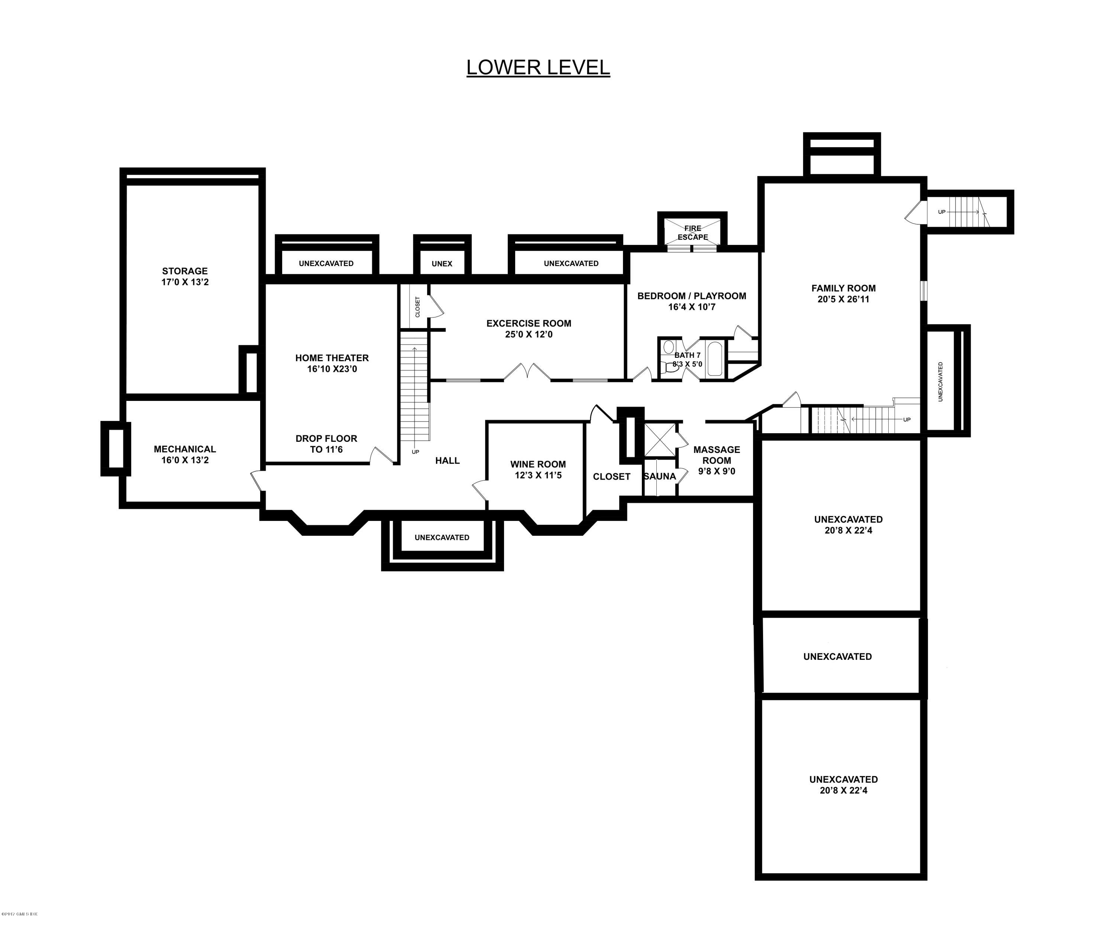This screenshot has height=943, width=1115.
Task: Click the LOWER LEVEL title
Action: (x=538, y=67)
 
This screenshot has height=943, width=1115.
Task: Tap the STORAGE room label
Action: (x=185, y=271)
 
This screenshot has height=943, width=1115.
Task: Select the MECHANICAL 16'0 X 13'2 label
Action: (x=185, y=454)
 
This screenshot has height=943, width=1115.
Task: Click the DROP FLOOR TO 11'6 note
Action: (x=326, y=444)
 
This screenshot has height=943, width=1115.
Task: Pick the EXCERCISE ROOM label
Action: (x=529, y=323)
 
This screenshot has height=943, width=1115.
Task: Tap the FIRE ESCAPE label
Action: (x=692, y=233)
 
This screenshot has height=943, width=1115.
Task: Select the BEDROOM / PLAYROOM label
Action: (x=691, y=296)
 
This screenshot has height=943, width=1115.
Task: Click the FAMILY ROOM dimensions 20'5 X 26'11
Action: (x=843, y=299)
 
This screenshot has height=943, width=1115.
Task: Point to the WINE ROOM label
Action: (x=538, y=464)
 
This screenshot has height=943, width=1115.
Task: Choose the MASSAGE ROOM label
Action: (x=717, y=455)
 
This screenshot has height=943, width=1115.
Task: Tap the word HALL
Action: (x=447, y=460)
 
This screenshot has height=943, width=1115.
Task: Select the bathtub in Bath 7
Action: (x=714, y=360)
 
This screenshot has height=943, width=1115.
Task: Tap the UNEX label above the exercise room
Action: (x=442, y=263)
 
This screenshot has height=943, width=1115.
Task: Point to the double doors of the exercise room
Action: (x=527, y=373)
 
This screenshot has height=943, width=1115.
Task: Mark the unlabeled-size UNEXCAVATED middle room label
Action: (x=837, y=657)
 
